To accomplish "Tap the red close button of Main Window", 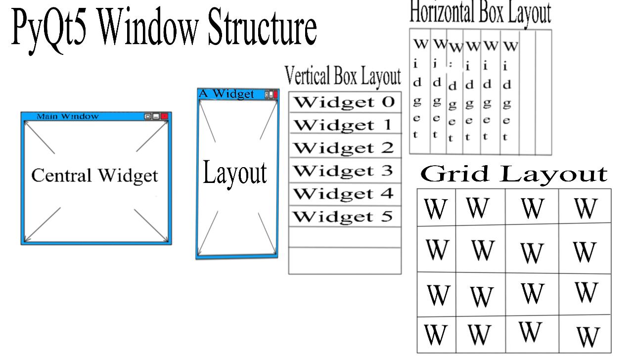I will [164, 116].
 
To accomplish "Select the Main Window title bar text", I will [68, 116].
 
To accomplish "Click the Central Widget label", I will [94, 176].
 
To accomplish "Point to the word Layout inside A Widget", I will [235, 173].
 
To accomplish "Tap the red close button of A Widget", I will [275, 94].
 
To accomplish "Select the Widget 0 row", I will [344, 102].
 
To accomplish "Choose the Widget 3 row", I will [344, 171].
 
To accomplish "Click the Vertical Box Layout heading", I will [343, 77].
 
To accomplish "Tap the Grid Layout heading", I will [514, 174].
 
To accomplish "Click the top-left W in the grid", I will [435, 209].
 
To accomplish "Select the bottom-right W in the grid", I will [588, 337].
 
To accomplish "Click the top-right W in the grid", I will [586, 209].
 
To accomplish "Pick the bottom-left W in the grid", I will [435, 335].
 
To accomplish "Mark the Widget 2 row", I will [344, 148].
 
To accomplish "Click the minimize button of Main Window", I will [156, 116].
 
